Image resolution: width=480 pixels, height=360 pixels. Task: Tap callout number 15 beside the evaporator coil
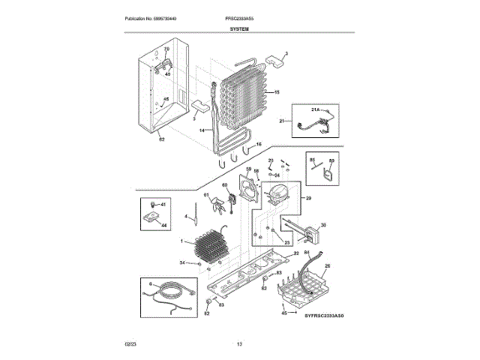(277, 92)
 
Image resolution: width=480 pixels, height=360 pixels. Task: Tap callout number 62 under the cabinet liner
(160, 138)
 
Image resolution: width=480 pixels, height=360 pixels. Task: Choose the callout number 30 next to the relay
(323, 224)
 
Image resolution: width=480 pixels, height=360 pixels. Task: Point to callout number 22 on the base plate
(295, 255)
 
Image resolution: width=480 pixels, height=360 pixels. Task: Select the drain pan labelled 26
(307, 289)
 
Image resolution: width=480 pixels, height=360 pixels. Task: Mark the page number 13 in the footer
(239, 343)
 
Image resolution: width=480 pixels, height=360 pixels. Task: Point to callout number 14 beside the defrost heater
(202, 130)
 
